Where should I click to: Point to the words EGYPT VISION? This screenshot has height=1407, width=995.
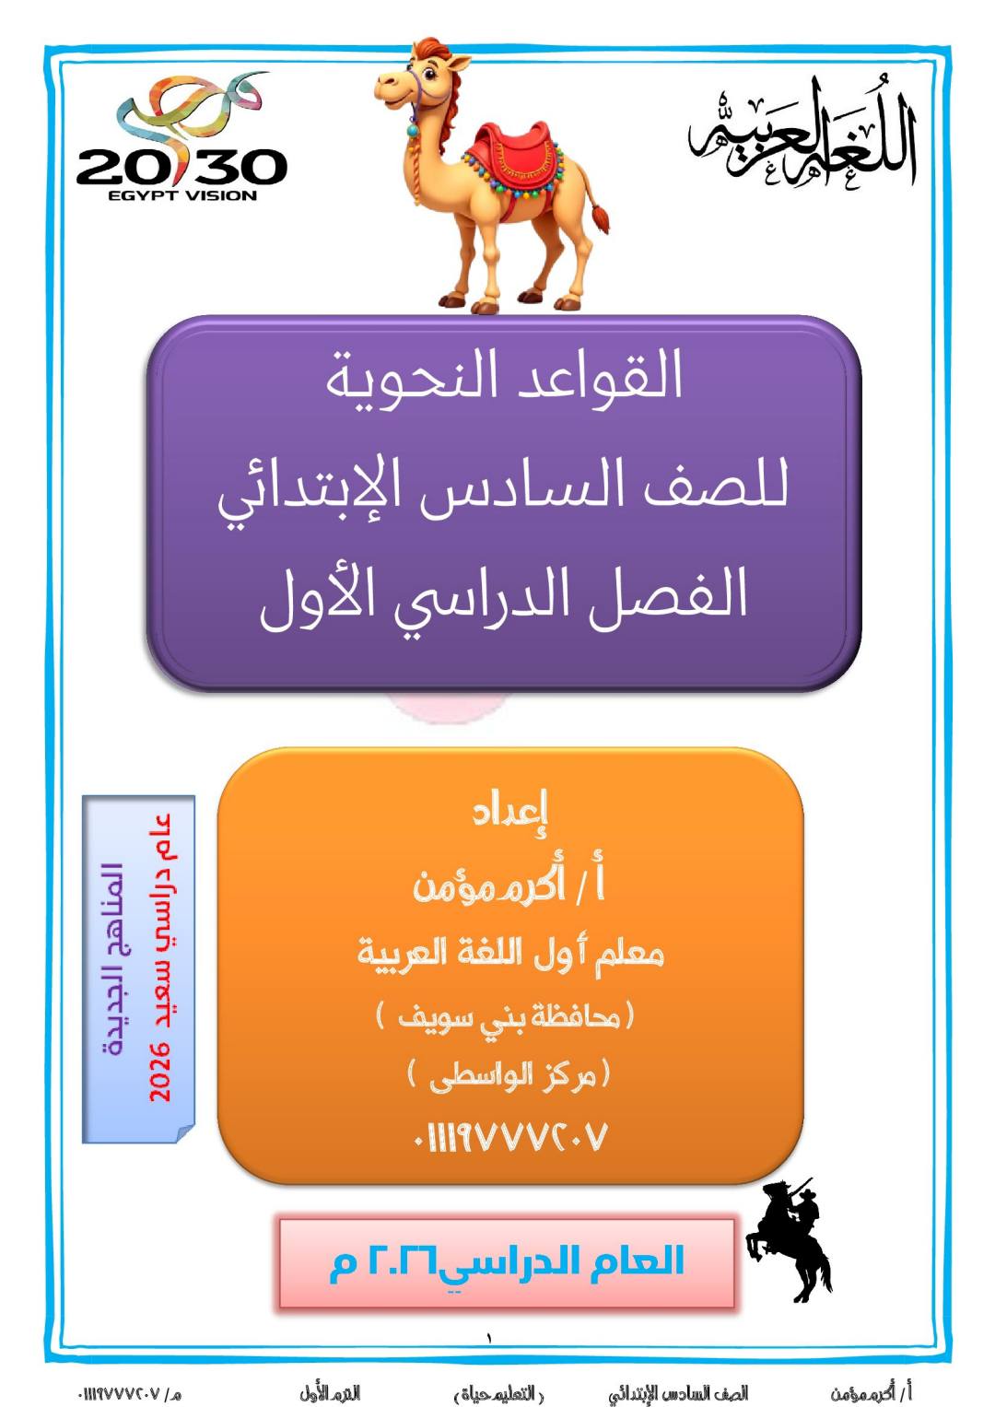182,195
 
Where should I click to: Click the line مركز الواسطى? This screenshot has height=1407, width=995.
509,1078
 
